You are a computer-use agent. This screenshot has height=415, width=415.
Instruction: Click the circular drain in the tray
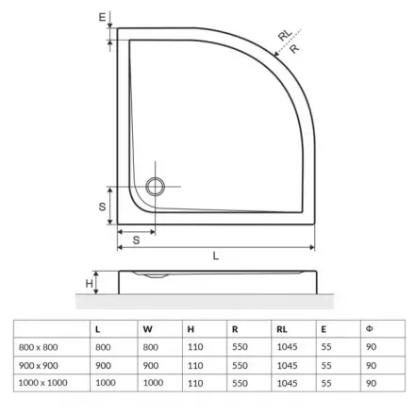point(155,187)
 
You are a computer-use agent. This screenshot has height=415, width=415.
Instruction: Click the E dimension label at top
point(102,17)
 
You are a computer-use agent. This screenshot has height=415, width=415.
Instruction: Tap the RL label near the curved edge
point(285,35)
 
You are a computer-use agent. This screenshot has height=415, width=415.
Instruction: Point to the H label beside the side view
point(89,283)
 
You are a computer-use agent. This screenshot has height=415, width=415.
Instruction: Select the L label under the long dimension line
point(215,256)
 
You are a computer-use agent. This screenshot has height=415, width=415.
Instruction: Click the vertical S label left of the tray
point(102,207)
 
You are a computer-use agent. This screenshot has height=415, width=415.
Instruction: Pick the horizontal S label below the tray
point(136,241)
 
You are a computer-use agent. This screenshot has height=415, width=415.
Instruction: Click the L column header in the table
point(97,329)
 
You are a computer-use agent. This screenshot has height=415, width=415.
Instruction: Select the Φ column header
point(369,329)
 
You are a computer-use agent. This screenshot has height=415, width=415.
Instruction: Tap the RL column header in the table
point(282,329)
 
